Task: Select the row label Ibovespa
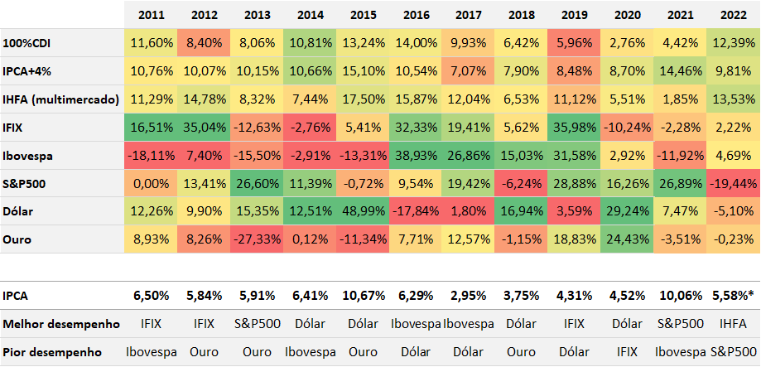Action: click(31, 156)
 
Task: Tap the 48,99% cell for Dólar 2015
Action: click(363, 210)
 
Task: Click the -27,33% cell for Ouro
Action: click(258, 239)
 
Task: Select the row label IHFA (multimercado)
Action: click(61, 99)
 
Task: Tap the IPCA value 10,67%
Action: click(363, 296)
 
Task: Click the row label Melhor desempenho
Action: click(60, 323)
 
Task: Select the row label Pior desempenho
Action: click(53, 351)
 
